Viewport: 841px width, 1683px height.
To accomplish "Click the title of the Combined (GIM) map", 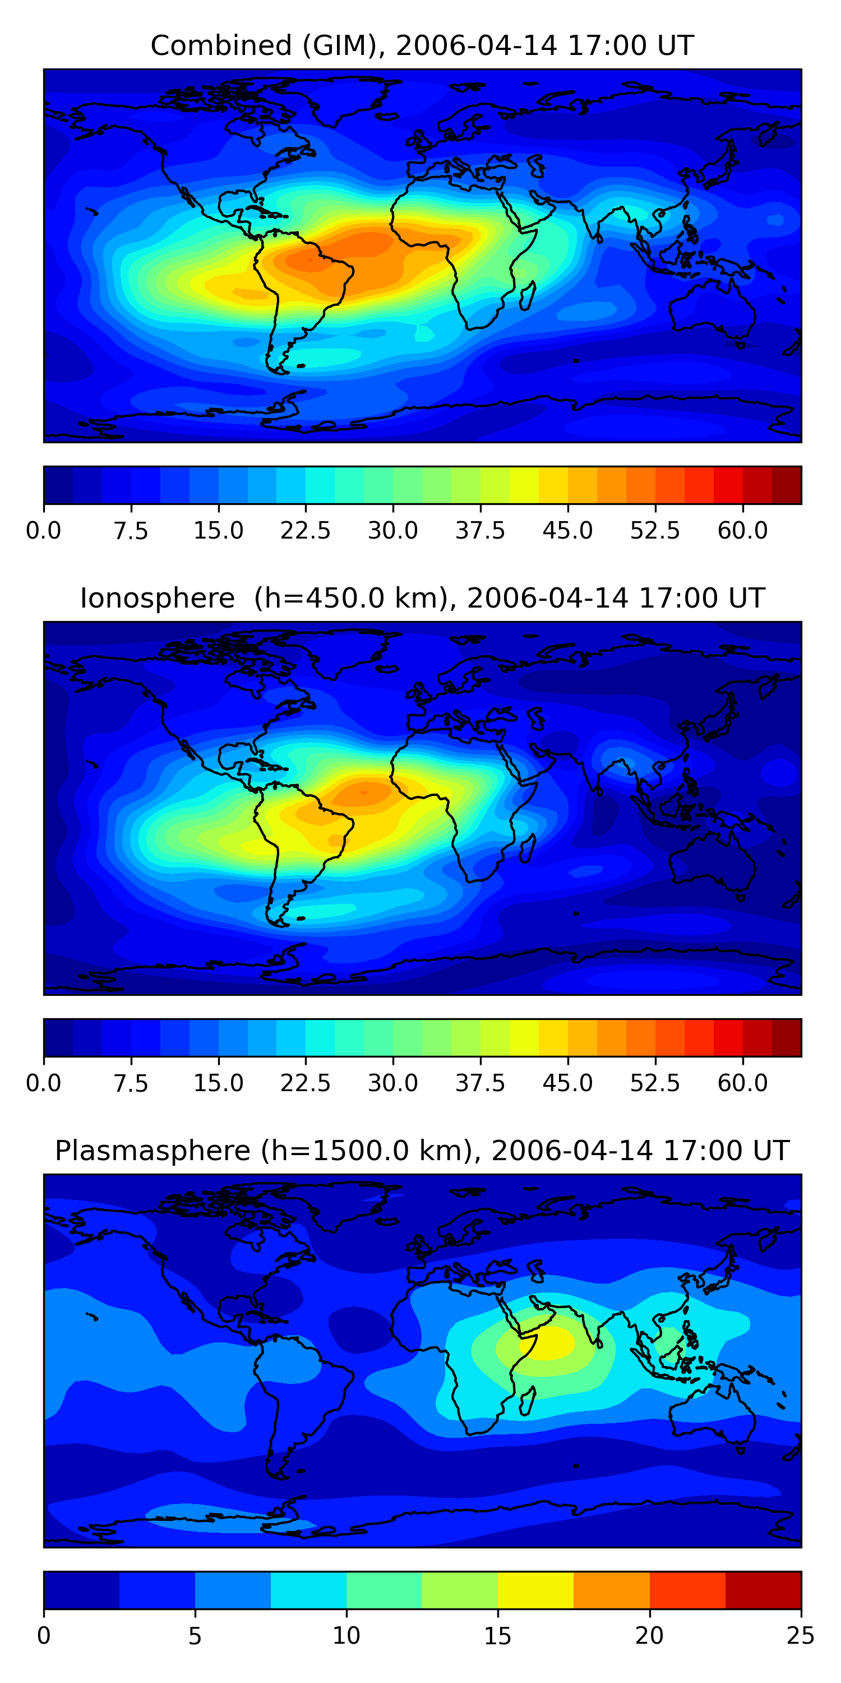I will tap(422, 46).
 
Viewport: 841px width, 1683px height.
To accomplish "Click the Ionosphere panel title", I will tap(422, 599).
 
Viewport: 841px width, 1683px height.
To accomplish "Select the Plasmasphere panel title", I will tap(422, 1151).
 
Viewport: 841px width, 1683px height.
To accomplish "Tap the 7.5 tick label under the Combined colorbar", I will tap(131, 531).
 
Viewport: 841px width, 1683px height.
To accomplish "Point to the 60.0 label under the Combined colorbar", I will tap(742, 531).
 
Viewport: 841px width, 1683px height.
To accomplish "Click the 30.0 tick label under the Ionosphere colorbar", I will tap(392, 1083).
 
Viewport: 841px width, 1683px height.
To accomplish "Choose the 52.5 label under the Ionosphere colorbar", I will tap(655, 1083).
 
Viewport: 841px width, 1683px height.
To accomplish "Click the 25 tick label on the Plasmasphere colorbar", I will tap(800, 1636).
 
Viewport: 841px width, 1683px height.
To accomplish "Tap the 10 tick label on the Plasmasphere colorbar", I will tap(346, 1636).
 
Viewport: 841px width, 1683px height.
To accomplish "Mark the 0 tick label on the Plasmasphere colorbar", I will tap(44, 1636).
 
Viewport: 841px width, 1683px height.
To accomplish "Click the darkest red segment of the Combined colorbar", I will tap(786, 485).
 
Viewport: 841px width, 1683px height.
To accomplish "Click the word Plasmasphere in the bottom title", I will tap(152, 1151).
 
